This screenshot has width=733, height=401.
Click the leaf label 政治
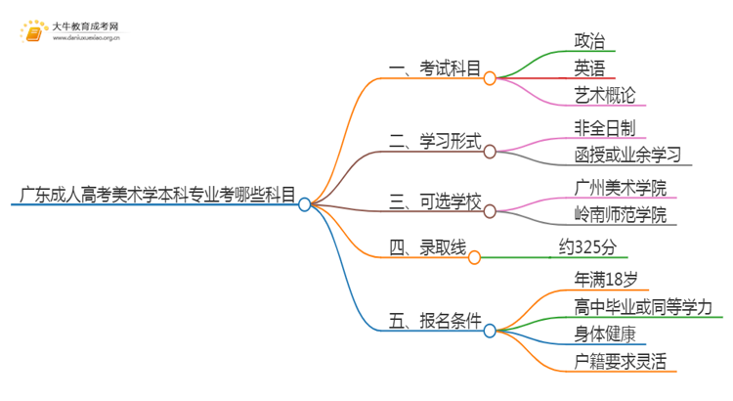coord(590,41)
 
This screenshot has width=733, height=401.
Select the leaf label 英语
coord(590,68)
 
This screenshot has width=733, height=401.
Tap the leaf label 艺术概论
coord(606,96)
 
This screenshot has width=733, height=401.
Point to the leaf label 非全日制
coord(606,127)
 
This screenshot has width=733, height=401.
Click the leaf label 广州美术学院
coord(622,186)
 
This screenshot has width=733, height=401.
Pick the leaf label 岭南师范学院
coord(622,214)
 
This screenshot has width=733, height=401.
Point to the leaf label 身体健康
coord(606,334)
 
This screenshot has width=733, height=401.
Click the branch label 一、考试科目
coord(435,68)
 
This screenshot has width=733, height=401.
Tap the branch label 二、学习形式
coord(435,142)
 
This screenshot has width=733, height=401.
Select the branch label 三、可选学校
coord(435,202)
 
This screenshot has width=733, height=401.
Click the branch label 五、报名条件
coord(435,320)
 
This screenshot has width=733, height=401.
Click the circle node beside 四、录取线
coord(475,258)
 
